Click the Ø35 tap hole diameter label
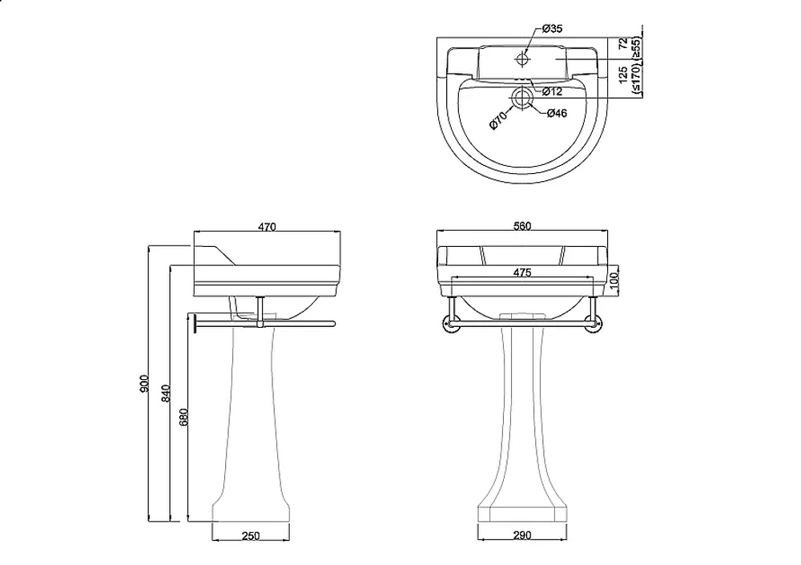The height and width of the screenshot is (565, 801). coord(552,29)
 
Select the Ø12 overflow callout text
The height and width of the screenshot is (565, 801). coord(552,91)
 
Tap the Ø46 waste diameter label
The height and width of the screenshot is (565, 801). coord(557,113)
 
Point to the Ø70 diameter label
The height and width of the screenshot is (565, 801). coord(498,119)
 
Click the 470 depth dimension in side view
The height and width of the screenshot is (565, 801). coord(267,227)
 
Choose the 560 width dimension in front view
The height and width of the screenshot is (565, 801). coord(522,226)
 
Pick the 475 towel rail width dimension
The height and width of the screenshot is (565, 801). coord(522,272)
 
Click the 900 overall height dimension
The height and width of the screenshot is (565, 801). coord(144,384)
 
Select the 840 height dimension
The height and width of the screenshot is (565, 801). coord(166,393)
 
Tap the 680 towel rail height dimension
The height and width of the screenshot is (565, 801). coord(184,417)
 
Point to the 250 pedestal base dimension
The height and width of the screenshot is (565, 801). coord(250,536)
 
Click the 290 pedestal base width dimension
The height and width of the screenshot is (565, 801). coord(522,535)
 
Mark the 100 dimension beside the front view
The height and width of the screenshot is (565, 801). coord(614,279)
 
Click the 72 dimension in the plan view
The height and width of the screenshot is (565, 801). coord(622,43)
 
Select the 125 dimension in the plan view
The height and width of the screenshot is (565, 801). coord(622,75)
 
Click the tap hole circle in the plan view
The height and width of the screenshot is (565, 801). coord(522,59)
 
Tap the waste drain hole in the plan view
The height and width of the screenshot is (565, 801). coord(521,97)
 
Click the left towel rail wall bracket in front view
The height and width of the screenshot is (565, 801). coord(450,324)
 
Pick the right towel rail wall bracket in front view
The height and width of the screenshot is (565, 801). coord(593,324)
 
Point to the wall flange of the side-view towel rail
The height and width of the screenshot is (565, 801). coord(195,324)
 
